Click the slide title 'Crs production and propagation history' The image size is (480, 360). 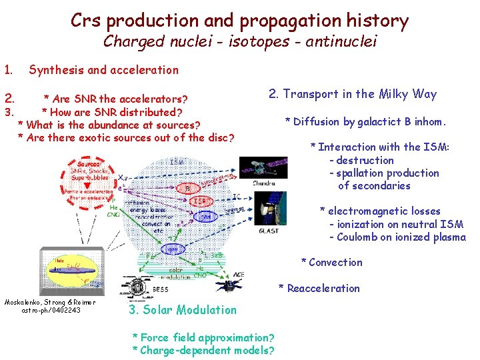239,20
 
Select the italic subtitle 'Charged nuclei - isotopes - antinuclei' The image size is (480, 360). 240,42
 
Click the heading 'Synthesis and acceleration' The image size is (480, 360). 103,70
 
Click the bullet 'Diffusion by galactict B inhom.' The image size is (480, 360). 365,121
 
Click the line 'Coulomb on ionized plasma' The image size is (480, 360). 401,237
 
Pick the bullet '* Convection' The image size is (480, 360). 331,262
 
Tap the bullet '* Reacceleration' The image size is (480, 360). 319,288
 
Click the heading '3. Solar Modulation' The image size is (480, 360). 181,309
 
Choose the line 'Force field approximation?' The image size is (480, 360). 203,337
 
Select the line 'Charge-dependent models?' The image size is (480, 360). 203,350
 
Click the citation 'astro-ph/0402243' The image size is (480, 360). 49,310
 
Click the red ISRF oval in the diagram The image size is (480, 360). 201,201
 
